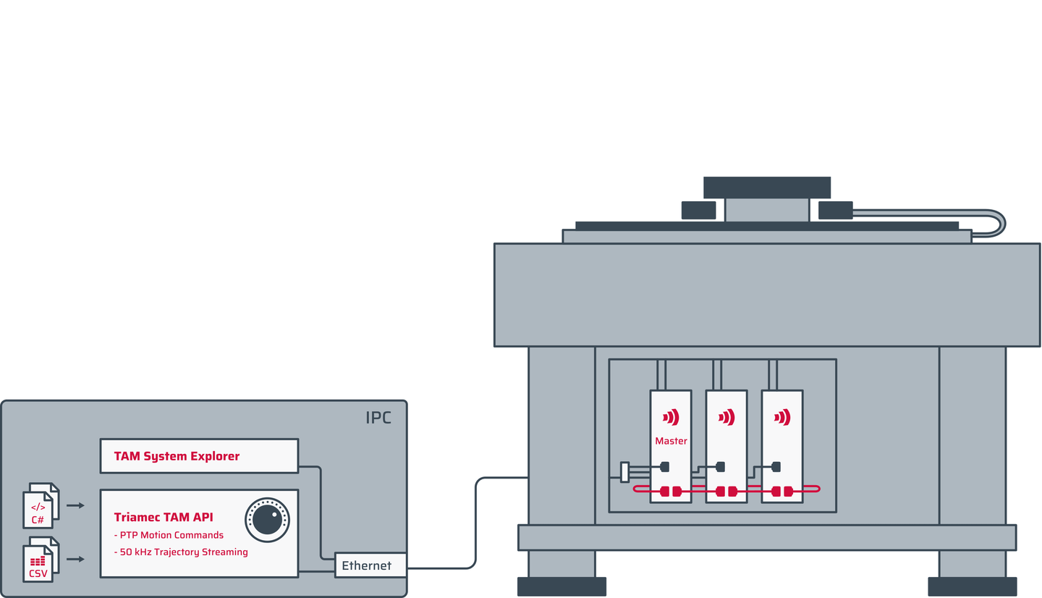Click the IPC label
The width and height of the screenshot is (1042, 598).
pos(378,418)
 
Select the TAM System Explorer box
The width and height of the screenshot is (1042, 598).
pos(199,456)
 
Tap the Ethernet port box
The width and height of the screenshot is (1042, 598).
pos(370,565)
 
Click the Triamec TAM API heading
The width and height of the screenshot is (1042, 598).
pos(164,517)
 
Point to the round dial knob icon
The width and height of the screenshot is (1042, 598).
pos(268,520)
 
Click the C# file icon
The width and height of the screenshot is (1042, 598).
pos(41,506)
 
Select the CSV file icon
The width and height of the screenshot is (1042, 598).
pos(41,560)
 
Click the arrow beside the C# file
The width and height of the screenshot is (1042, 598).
pos(75,505)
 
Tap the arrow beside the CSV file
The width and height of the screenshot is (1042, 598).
pos(75,559)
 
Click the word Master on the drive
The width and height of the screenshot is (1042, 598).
pos(671,441)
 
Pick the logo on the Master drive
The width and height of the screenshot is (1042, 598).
pos(671,418)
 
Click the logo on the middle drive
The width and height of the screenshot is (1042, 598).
pos(727,418)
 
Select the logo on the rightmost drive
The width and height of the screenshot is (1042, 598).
pos(782,418)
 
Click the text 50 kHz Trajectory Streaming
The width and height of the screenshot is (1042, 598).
pos(181,552)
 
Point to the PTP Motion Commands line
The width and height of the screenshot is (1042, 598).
pos(169,535)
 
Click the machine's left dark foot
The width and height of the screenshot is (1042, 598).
pos(562,587)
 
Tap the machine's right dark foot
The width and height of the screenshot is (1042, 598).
pos(973,587)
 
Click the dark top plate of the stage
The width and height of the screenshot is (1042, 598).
pos(767,187)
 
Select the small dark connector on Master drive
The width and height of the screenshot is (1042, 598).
pos(665,467)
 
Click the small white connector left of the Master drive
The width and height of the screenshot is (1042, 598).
pos(624,472)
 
